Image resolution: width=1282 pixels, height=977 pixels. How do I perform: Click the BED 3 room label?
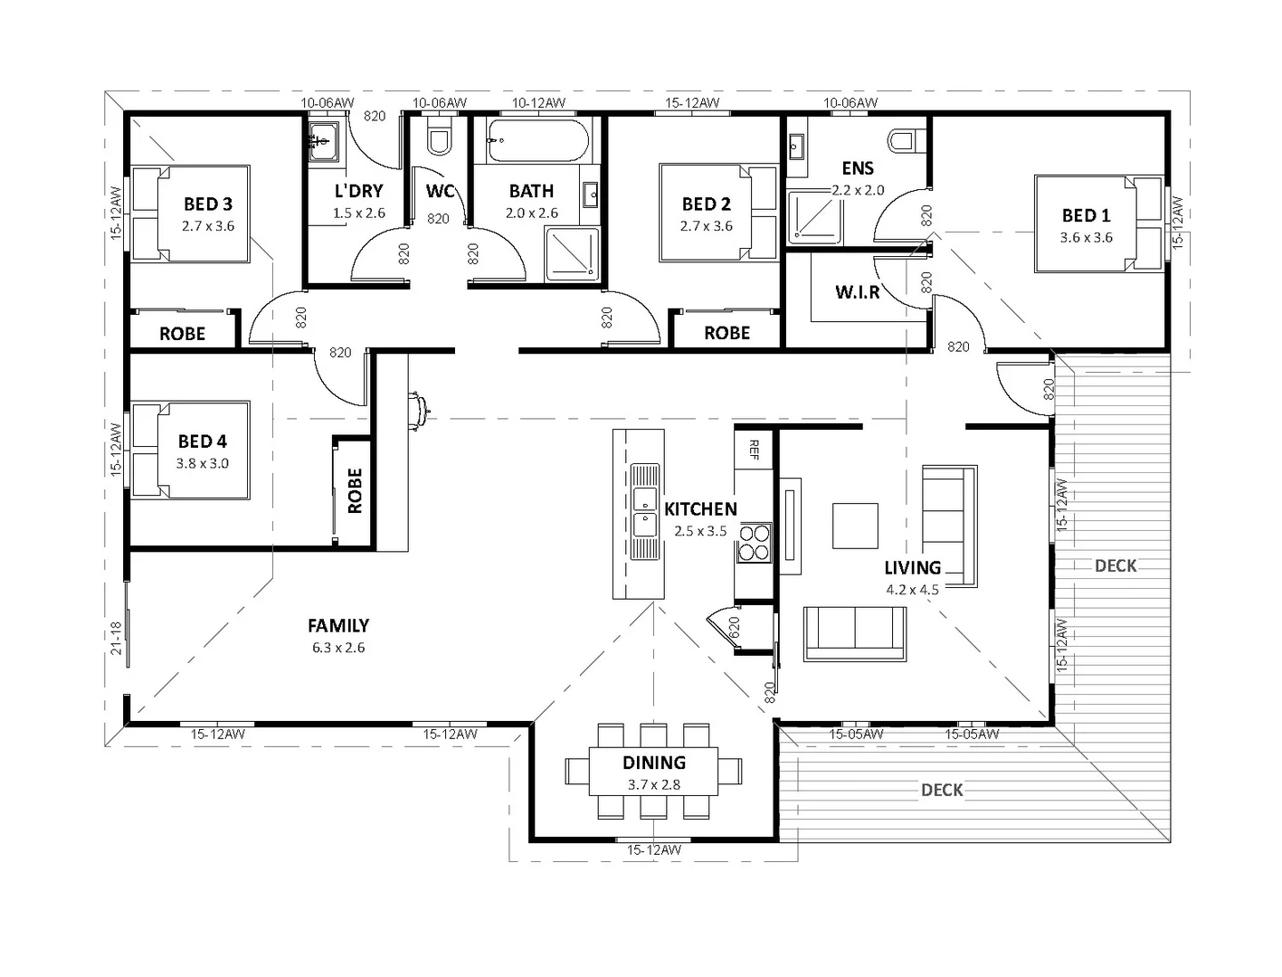(208, 204)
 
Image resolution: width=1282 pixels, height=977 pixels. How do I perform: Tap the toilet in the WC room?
(439, 140)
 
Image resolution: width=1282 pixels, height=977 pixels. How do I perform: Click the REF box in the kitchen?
(753, 448)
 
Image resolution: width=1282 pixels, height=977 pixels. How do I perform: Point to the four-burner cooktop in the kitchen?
(755, 543)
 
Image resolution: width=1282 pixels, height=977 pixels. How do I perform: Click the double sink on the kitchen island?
(644, 512)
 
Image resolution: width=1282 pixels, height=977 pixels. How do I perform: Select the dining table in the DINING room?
(653, 771)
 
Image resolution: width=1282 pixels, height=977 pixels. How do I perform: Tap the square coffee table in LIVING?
(855, 526)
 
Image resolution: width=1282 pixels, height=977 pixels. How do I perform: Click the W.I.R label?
(856, 292)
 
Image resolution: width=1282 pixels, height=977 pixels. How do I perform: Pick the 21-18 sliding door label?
(116, 639)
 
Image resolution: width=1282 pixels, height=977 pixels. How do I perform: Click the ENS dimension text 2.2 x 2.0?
(858, 191)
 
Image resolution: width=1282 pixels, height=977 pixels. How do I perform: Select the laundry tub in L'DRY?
(323, 142)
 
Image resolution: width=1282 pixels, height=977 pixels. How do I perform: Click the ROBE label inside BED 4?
(354, 490)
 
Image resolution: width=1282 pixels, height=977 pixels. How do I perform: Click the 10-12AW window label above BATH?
(538, 103)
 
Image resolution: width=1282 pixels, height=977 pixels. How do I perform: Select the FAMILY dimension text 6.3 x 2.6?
(337, 648)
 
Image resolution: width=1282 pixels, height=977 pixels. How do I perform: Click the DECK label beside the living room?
(1115, 565)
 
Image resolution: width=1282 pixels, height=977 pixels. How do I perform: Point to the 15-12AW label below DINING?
(653, 850)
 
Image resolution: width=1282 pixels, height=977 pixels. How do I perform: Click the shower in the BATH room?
(571, 251)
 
